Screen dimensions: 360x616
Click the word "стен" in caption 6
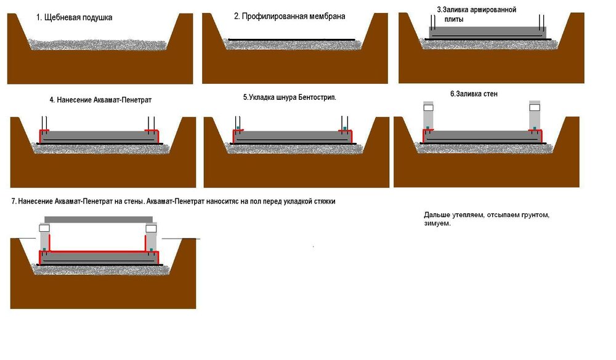(490, 94)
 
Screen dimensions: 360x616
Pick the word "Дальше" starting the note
(436, 215)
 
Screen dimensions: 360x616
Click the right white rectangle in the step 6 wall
(534, 107)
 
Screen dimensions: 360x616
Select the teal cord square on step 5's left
(238, 129)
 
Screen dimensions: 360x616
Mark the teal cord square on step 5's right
(346, 129)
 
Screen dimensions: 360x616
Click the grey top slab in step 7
(99, 219)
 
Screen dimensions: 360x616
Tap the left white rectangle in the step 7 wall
(45, 228)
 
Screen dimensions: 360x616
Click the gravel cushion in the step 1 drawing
(99, 41)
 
